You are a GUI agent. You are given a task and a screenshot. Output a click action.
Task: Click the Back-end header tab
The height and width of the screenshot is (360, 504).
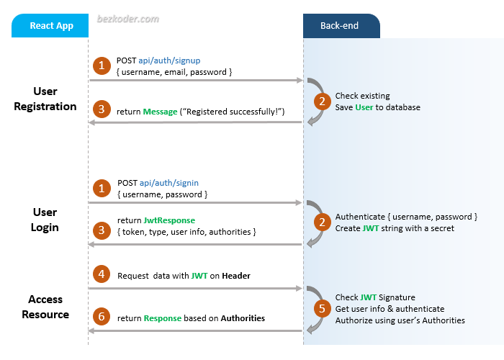click(x=341, y=26)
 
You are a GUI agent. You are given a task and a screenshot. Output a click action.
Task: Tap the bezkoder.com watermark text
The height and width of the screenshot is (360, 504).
click(x=128, y=19)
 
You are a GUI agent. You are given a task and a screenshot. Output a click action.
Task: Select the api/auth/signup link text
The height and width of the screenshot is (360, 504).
click(x=168, y=61)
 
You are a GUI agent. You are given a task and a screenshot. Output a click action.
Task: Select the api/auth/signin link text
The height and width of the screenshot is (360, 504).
click(x=168, y=184)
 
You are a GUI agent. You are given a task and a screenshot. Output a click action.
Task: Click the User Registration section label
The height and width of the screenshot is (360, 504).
click(x=45, y=99)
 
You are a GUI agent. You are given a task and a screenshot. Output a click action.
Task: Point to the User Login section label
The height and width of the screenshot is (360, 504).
click(x=45, y=220)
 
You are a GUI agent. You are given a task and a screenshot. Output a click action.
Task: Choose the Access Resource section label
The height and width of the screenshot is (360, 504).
click(x=45, y=307)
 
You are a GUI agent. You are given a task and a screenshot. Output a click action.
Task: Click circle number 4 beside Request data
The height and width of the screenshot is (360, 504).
click(x=102, y=274)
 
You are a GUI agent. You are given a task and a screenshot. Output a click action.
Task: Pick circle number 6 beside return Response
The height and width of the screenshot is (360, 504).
click(x=102, y=318)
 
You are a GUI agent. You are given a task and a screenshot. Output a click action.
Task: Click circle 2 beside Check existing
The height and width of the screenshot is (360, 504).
click(x=323, y=102)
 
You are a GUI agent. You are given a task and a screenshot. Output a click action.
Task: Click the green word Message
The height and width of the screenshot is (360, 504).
click(x=161, y=112)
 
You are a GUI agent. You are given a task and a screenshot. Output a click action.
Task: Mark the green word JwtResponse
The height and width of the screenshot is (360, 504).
click(x=169, y=220)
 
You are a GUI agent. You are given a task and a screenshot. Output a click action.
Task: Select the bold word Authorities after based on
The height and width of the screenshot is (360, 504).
click(x=243, y=318)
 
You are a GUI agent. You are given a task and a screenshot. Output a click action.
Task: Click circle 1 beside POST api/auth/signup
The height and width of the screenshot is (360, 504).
click(x=102, y=66)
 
